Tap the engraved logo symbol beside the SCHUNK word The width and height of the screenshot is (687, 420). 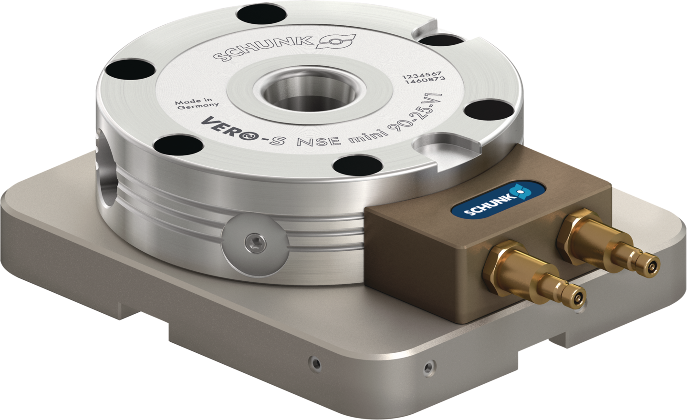335,41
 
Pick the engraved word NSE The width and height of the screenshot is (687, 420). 319,142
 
